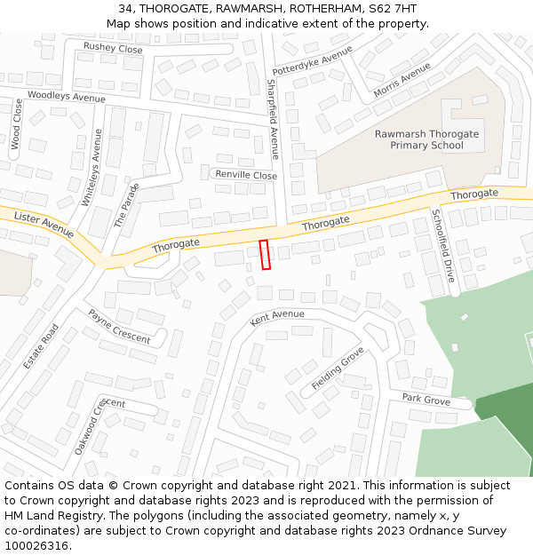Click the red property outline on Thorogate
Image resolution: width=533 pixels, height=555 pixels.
tap(264, 254)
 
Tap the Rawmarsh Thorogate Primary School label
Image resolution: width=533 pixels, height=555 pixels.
tap(426, 139)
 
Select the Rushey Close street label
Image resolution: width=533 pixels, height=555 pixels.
tap(113, 48)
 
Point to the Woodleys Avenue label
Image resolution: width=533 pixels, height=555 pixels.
tap(67, 96)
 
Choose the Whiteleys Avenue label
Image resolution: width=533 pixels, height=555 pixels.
tap(91, 168)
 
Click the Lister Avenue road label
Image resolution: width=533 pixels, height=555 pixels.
tap(44, 224)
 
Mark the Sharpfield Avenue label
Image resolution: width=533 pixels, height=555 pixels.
tap(274, 118)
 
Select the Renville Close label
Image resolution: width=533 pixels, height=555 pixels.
tap(246, 175)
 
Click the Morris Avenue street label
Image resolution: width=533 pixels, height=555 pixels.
tap(402, 79)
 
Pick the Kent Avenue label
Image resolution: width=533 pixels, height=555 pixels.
tap(276, 316)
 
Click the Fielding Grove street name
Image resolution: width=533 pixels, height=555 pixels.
tap(338, 369)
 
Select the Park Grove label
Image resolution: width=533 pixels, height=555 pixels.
tap(426, 400)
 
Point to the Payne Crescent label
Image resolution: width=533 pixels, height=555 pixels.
tap(118, 326)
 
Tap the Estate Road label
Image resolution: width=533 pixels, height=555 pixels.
tap(41, 346)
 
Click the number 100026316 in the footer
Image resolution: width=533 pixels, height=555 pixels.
tap(36, 546)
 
